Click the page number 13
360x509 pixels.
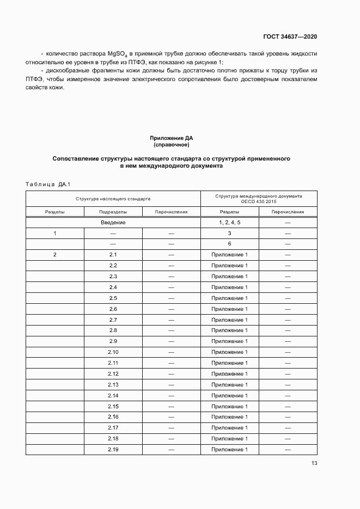point(314,463)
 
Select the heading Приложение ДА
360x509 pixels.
point(171,138)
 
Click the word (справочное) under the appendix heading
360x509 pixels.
point(171,145)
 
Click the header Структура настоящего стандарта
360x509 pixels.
point(113,199)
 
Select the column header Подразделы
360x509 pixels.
point(113,212)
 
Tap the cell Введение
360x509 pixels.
point(113,223)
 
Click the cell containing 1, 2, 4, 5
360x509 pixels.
point(229,223)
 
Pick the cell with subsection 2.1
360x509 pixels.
point(113,255)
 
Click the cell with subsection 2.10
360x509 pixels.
point(113,352)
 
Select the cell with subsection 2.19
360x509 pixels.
point(113,450)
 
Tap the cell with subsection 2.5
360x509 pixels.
point(113,298)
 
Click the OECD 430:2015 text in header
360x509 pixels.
point(259,202)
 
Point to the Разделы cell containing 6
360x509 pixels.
point(229,244)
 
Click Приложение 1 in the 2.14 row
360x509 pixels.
point(229,396)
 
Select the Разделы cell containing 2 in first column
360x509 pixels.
point(55,255)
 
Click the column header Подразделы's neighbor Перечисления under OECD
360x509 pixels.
point(288,212)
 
